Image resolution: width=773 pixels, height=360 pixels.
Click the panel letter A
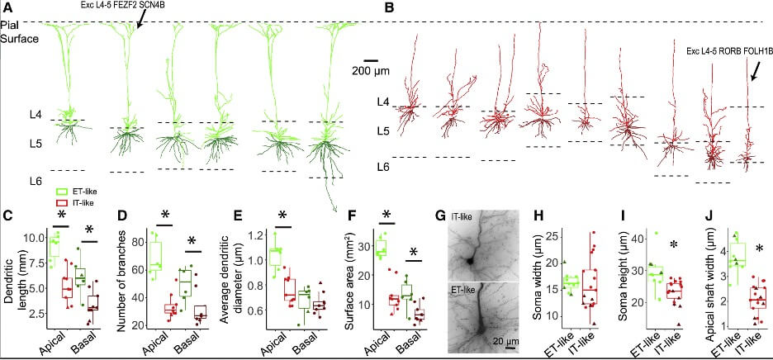tap(7, 7)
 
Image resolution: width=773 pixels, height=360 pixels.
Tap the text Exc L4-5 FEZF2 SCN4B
tap(126, 6)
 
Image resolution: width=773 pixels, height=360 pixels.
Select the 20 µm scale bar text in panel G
tap(494, 339)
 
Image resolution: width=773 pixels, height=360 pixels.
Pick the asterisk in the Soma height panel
tap(674, 244)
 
